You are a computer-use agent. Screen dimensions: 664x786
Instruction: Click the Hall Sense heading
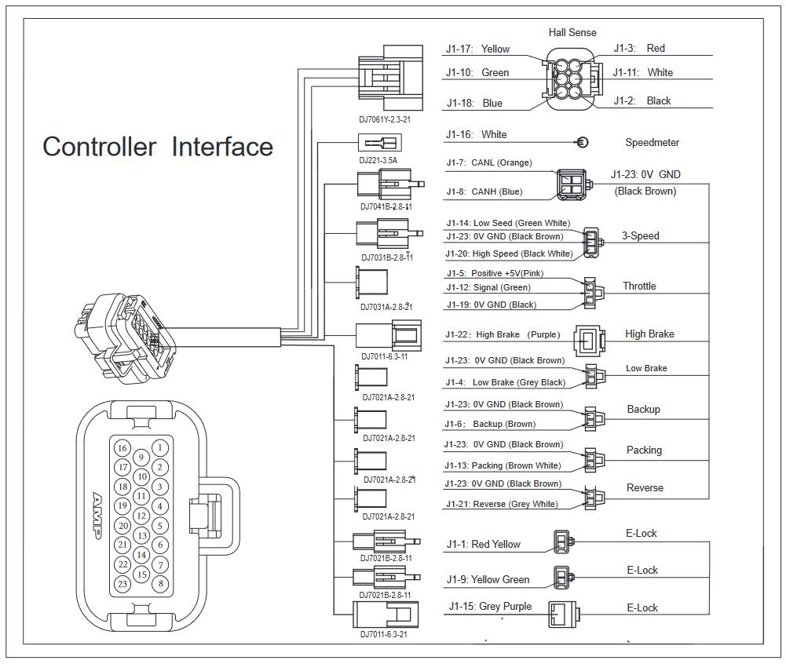(572, 32)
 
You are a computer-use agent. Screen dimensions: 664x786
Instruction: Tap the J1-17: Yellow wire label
(477, 49)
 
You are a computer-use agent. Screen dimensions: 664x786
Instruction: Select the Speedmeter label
(652, 143)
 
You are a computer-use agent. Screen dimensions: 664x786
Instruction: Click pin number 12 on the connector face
(141, 516)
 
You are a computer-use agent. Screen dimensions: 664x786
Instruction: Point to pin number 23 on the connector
(122, 583)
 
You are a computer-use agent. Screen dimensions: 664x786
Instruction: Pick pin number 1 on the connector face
(160, 447)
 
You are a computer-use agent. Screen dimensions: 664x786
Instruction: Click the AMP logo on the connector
(99, 515)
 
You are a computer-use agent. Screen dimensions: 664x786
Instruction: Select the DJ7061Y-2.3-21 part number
(386, 121)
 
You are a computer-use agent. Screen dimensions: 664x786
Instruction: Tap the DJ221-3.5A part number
(378, 160)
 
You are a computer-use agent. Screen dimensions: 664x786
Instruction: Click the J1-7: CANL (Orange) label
(488, 163)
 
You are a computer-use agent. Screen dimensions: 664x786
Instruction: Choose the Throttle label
(639, 286)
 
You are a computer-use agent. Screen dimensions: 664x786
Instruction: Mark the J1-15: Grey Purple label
(490, 607)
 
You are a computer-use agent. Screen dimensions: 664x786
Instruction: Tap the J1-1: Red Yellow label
(483, 545)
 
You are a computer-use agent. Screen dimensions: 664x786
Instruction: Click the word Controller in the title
(98, 147)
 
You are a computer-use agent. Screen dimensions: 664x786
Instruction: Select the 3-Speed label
(641, 236)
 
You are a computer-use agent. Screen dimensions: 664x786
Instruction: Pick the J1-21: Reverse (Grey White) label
(502, 504)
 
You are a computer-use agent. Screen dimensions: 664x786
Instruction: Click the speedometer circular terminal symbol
(583, 142)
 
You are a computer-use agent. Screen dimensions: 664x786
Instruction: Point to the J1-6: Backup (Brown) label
(491, 424)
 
